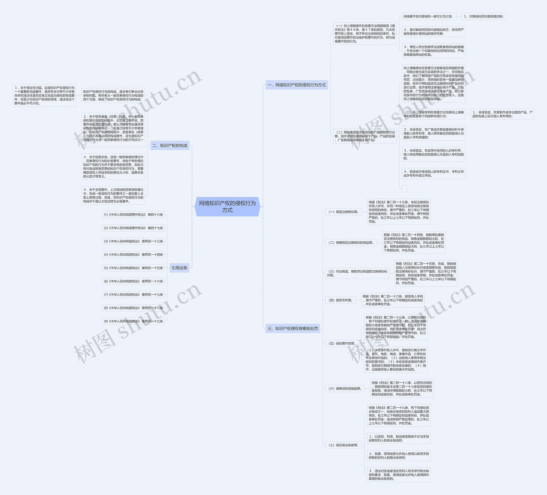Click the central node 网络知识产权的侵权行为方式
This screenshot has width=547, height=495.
[227, 207]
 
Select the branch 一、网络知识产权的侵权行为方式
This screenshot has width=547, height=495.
[297, 85]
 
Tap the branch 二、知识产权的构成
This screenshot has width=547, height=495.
[170, 145]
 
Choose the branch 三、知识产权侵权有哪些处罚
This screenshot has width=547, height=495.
[293, 328]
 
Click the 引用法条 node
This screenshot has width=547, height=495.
[179, 268]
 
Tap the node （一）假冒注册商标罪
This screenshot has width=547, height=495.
[344, 212]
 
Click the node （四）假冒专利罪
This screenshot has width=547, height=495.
[341, 300]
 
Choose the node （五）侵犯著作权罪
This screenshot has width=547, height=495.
[342, 343]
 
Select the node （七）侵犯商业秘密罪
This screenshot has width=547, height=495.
[344, 445]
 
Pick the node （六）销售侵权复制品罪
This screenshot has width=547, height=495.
[345, 388]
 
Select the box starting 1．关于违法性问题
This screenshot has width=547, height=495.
[44, 95]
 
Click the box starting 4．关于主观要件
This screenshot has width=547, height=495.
[113, 195]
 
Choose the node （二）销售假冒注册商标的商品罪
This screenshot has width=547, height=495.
[351, 242]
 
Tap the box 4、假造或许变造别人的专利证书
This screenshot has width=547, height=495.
[434, 174]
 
